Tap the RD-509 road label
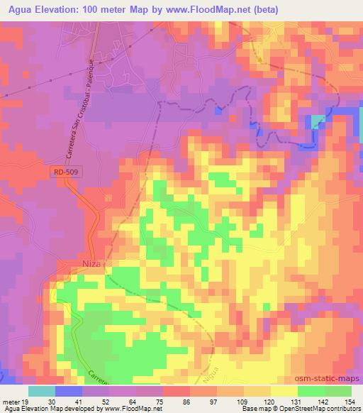coord(65,172)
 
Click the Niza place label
coord(91,264)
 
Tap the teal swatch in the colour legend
coord(42,391)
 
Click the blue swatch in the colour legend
coord(69,391)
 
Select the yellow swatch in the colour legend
coord(284,391)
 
